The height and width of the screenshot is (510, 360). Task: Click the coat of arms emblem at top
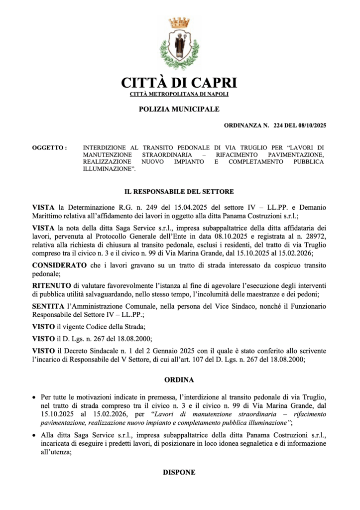point(179,44)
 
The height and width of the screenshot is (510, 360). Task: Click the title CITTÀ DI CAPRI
point(179,82)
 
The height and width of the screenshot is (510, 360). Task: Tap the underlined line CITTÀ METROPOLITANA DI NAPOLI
point(179,94)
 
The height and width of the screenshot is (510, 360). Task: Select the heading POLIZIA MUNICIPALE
point(179,109)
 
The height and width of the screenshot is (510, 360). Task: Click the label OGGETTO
point(49,148)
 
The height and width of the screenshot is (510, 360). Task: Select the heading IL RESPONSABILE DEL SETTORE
point(179,191)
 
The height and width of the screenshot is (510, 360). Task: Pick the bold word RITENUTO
point(52,285)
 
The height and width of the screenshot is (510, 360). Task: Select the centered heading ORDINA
point(179,380)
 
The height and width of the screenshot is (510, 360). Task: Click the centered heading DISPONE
point(179,472)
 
